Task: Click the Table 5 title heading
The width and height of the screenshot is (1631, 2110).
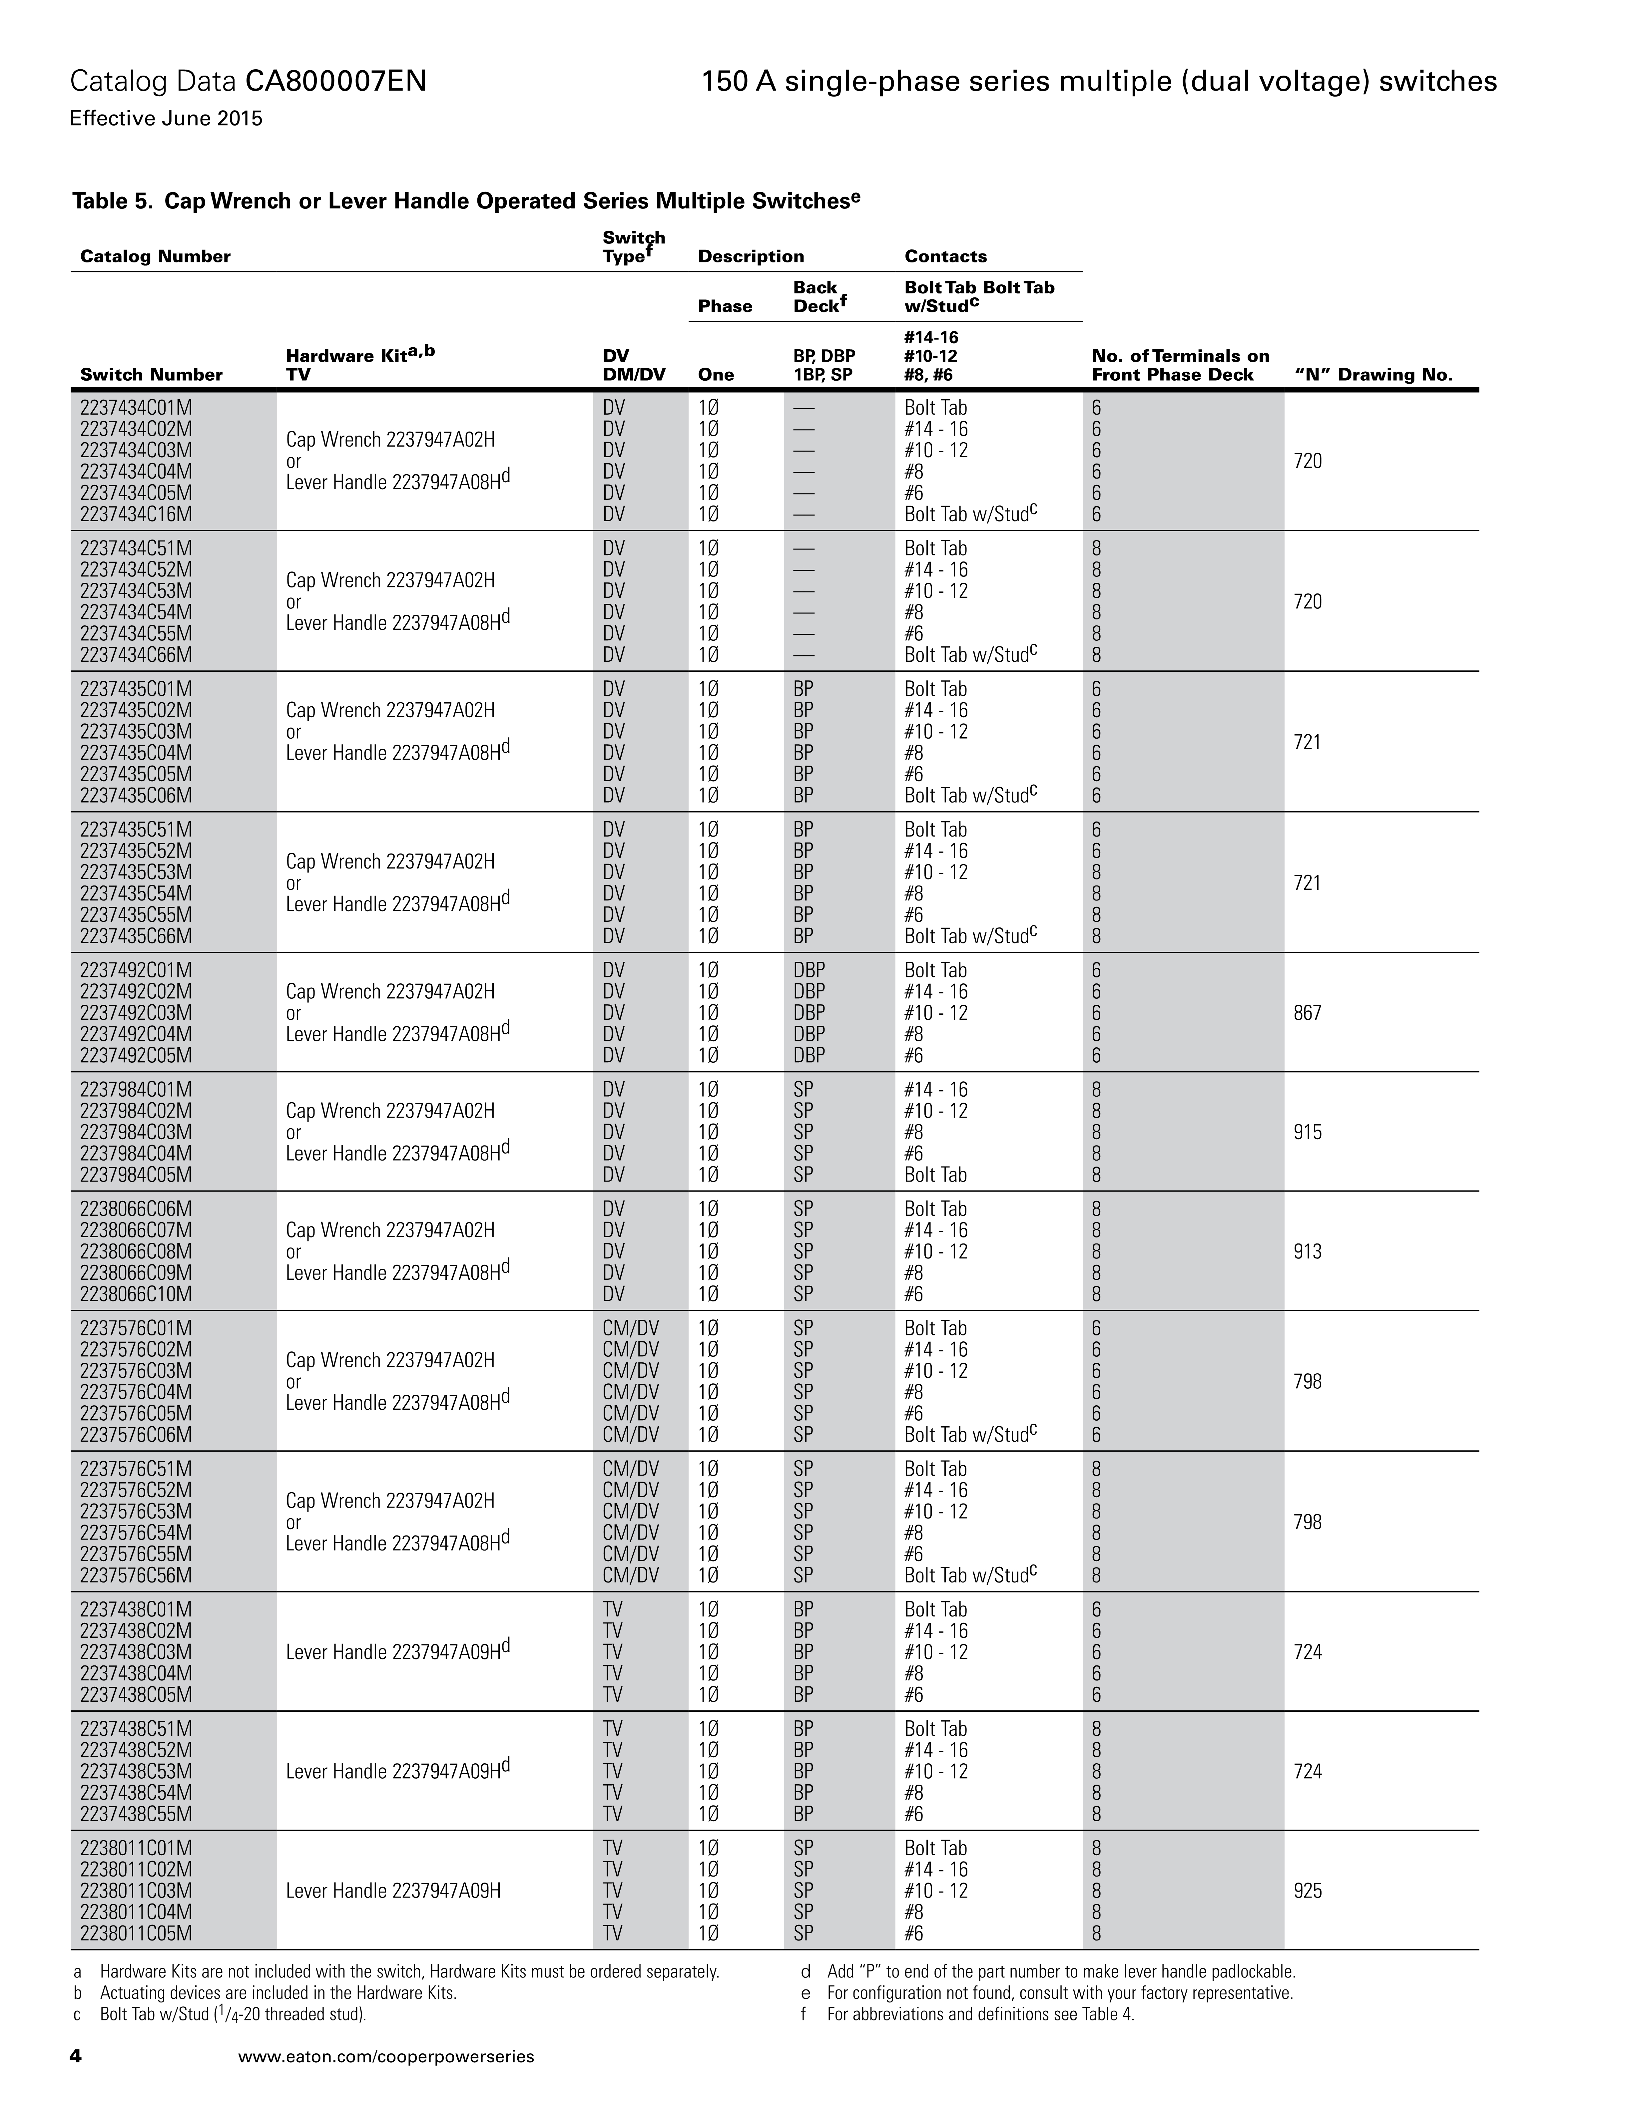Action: [466, 201]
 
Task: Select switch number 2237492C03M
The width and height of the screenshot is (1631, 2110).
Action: [136, 1012]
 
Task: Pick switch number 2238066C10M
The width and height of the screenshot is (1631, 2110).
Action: [136, 1294]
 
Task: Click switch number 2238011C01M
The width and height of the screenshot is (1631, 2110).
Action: [136, 1848]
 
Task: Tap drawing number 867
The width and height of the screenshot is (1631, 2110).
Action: [1307, 1012]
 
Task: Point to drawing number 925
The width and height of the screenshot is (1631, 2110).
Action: [1307, 1891]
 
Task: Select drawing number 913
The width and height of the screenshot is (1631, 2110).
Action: [1307, 1251]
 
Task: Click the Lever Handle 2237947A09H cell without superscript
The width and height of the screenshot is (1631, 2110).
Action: [393, 1891]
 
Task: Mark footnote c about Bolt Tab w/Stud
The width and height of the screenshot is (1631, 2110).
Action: [232, 2014]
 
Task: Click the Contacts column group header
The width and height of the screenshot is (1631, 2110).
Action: [945, 256]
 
